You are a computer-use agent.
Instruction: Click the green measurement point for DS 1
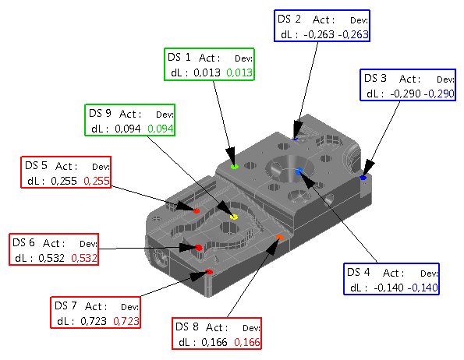(235, 167)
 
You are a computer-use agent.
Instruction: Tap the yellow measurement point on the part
(234, 217)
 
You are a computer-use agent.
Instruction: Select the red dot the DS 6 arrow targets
(199, 247)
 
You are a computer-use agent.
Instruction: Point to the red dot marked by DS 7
(209, 272)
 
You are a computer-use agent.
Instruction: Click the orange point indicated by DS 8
(280, 238)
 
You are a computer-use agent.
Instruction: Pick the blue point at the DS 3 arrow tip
(363, 178)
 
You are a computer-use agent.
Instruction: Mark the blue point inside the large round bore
(299, 171)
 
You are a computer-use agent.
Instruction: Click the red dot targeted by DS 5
(197, 210)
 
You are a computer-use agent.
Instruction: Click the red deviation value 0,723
(126, 321)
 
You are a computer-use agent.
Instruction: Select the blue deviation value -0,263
(353, 34)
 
